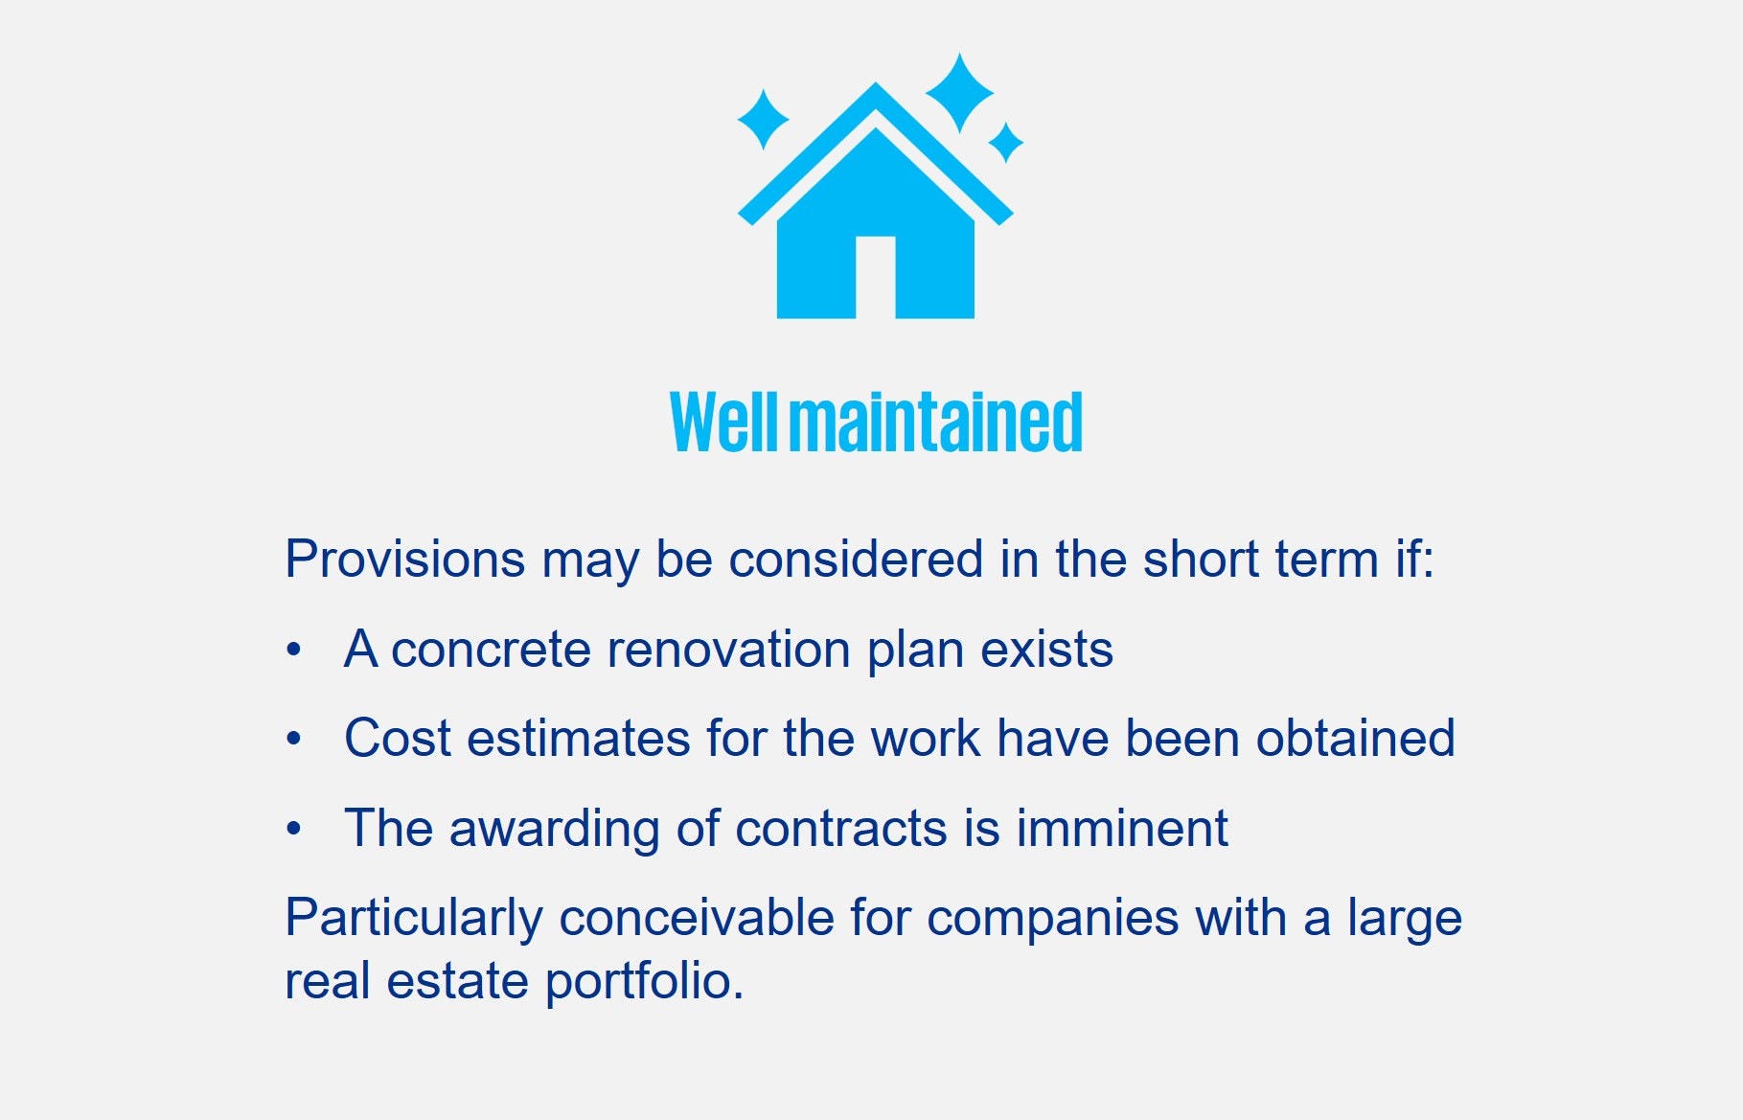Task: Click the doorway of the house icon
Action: pos(875,277)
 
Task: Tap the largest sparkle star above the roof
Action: pos(959,93)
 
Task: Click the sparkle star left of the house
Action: pos(764,120)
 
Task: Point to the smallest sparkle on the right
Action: pos(1005,143)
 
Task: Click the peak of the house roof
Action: pos(875,84)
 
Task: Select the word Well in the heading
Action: pos(724,422)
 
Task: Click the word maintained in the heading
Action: pos(936,422)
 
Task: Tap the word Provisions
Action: pos(405,559)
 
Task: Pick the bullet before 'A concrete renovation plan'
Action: pos(294,651)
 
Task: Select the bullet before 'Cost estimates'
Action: pos(294,740)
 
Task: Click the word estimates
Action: pos(579,738)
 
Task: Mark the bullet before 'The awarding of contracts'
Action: pos(294,829)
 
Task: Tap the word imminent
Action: pos(1122,828)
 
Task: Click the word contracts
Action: pos(841,828)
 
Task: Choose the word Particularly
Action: pos(414,918)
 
